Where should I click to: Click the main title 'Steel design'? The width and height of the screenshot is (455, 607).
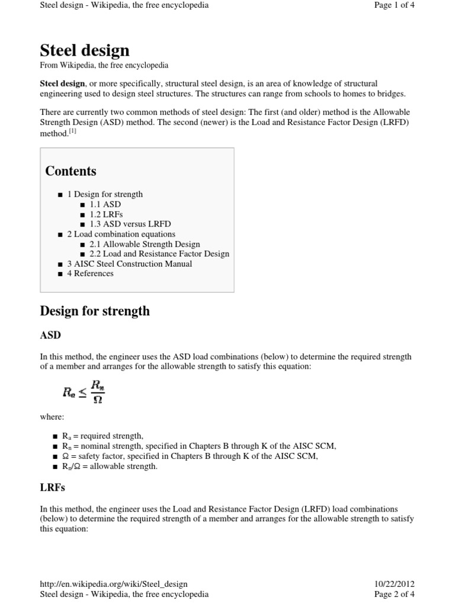pos(84,50)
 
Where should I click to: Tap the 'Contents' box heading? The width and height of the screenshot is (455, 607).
pos(71,171)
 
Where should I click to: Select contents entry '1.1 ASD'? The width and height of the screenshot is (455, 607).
pos(105,205)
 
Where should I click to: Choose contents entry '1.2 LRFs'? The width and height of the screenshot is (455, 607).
pos(106,214)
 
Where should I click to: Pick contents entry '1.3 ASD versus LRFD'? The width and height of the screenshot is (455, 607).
pos(130,224)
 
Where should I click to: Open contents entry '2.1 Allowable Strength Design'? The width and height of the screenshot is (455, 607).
pos(145,244)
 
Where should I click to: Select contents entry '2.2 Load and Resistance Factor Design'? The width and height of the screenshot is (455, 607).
pos(159,254)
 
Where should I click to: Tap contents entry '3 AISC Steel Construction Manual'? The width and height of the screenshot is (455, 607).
pos(129,264)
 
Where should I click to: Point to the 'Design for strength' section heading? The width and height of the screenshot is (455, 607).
pos(94,311)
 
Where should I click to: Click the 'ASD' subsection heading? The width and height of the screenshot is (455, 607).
pos(50,336)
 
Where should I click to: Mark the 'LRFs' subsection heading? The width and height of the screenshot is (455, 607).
pos(52,488)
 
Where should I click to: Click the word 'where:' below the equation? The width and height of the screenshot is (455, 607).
pos(52,417)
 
